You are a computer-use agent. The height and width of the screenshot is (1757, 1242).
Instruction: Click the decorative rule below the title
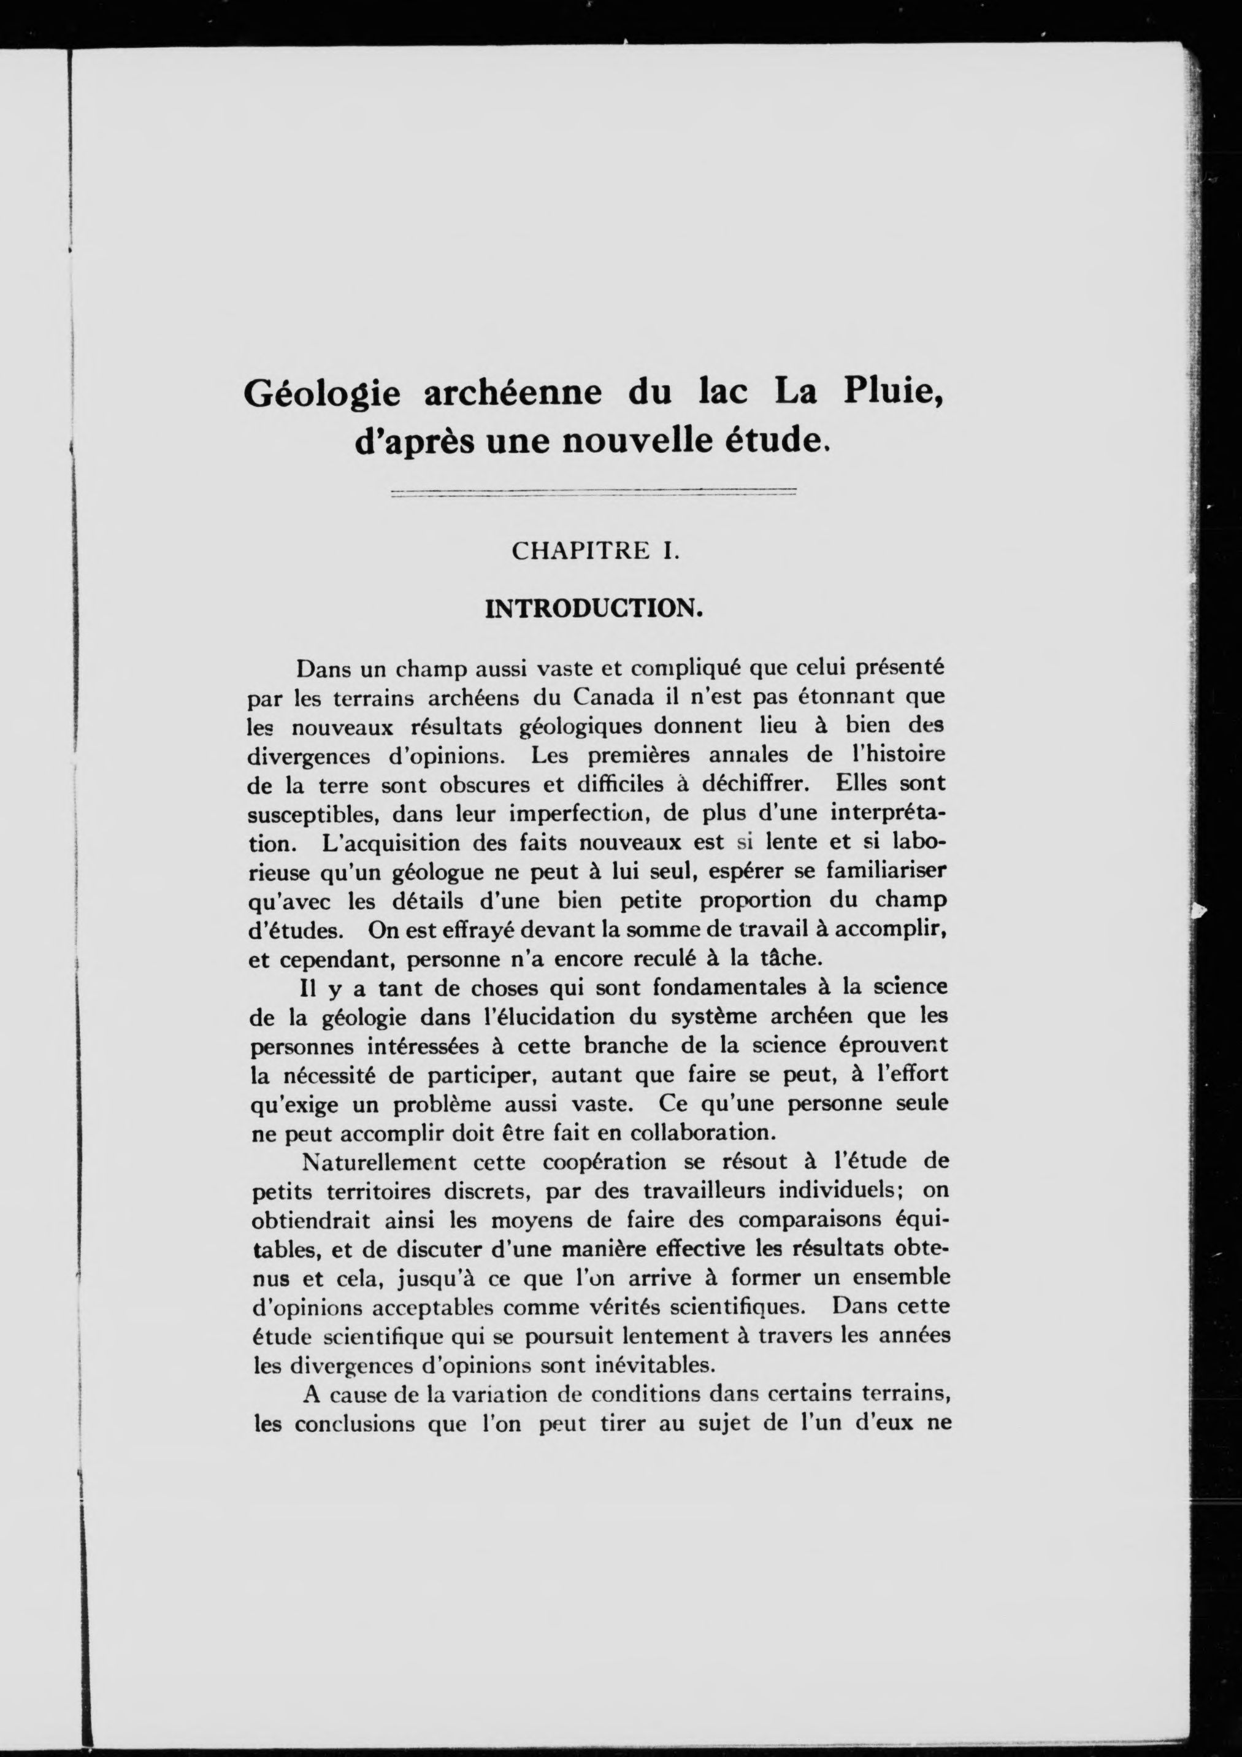(593, 492)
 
